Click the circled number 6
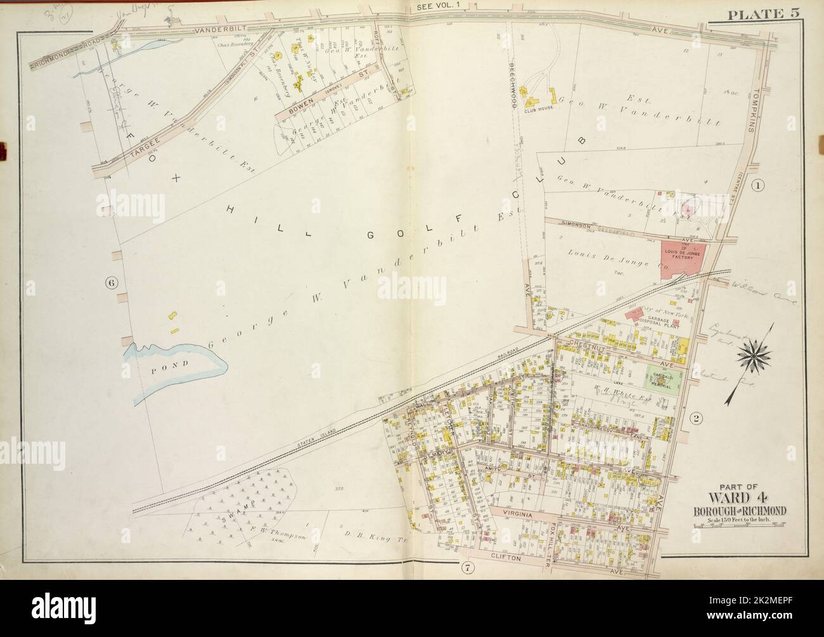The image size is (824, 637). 112,284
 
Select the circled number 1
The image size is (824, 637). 757,185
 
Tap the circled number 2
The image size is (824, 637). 696,418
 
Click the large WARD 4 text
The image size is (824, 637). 731,497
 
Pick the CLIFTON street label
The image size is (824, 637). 504,558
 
